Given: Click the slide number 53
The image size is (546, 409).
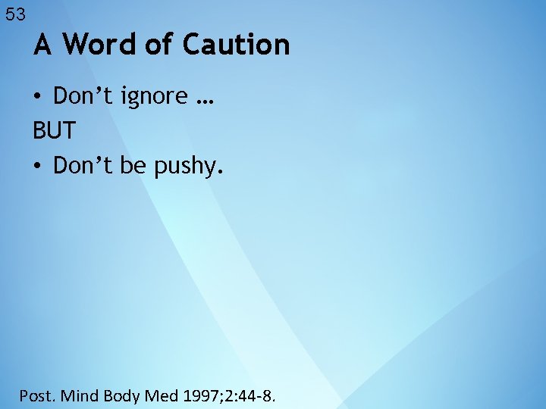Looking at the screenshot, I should click(15, 14).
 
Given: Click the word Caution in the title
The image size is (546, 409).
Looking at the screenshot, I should click(236, 45).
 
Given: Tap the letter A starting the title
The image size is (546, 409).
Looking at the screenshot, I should click(43, 45).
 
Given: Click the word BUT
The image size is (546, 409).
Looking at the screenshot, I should click(54, 131).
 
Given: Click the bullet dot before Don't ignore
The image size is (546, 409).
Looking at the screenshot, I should click(37, 98).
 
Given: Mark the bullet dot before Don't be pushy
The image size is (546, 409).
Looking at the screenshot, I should click(37, 165).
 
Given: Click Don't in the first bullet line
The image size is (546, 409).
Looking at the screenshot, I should click(82, 96).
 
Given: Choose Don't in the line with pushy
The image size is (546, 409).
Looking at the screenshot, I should click(82, 164).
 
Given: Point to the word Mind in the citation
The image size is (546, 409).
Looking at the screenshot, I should click(78, 395).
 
